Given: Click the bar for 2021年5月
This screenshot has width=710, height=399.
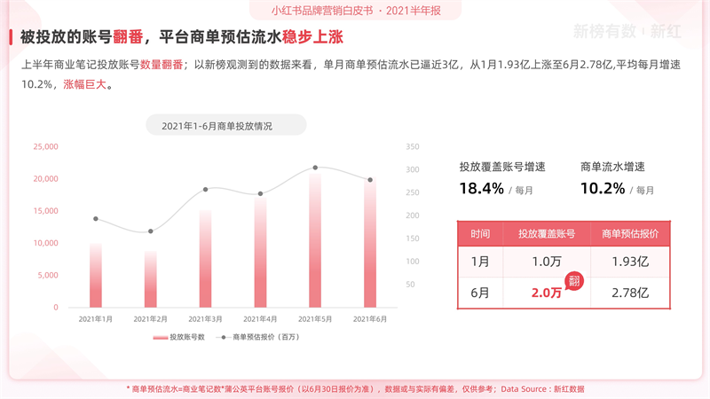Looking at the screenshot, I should tap(315, 239).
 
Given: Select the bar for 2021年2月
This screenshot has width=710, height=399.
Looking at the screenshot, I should tap(150, 278).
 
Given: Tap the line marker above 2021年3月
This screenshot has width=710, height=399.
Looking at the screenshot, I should tap(205, 189).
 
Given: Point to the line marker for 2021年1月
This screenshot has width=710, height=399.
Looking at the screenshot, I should tap(95, 219).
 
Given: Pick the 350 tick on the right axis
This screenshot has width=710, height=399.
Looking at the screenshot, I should tap(412, 147).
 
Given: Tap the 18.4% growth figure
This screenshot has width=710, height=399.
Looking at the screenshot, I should tap(481, 188).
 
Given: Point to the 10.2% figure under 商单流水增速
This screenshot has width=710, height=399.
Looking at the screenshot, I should tap(603, 188).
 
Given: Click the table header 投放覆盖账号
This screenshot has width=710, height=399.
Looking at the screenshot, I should tap(547, 234).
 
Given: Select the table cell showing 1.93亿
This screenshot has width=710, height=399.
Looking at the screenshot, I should tap(629, 262).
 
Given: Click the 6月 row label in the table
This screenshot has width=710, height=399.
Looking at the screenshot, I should tap(479, 293).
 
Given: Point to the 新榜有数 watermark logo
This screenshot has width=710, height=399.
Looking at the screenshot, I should tap(604, 31).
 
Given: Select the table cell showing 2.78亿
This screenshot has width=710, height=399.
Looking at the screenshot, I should tap(629, 293).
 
